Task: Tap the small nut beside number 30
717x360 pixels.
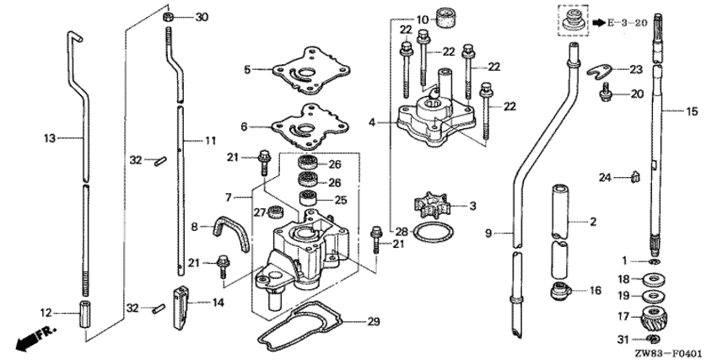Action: click(x=168, y=17)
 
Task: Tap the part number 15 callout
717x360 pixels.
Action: click(x=692, y=111)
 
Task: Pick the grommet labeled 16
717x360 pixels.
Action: click(x=558, y=293)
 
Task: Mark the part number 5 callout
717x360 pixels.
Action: click(x=247, y=70)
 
